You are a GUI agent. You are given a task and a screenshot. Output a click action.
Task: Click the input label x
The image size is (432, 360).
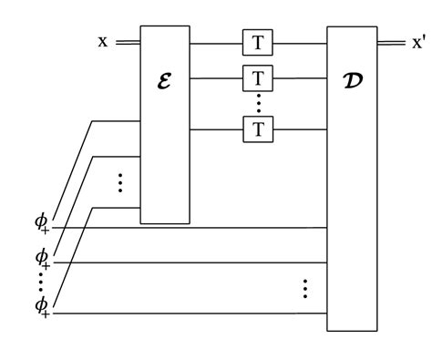[103, 42]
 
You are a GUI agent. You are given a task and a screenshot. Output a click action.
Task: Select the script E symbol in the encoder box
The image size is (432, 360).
[165, 80]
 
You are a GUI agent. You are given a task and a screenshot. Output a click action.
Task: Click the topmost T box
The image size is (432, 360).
[258, 43]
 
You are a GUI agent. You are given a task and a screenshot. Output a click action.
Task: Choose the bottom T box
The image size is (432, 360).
[258, 129]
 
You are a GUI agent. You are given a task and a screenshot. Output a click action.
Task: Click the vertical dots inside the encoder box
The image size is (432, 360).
[120, 182]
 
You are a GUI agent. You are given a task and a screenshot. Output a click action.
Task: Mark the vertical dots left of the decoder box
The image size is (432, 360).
[305, 288]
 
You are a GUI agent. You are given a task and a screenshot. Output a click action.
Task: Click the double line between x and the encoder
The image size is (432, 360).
[128, 42]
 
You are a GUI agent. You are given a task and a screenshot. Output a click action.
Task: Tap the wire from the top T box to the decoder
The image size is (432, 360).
[301, 43]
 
